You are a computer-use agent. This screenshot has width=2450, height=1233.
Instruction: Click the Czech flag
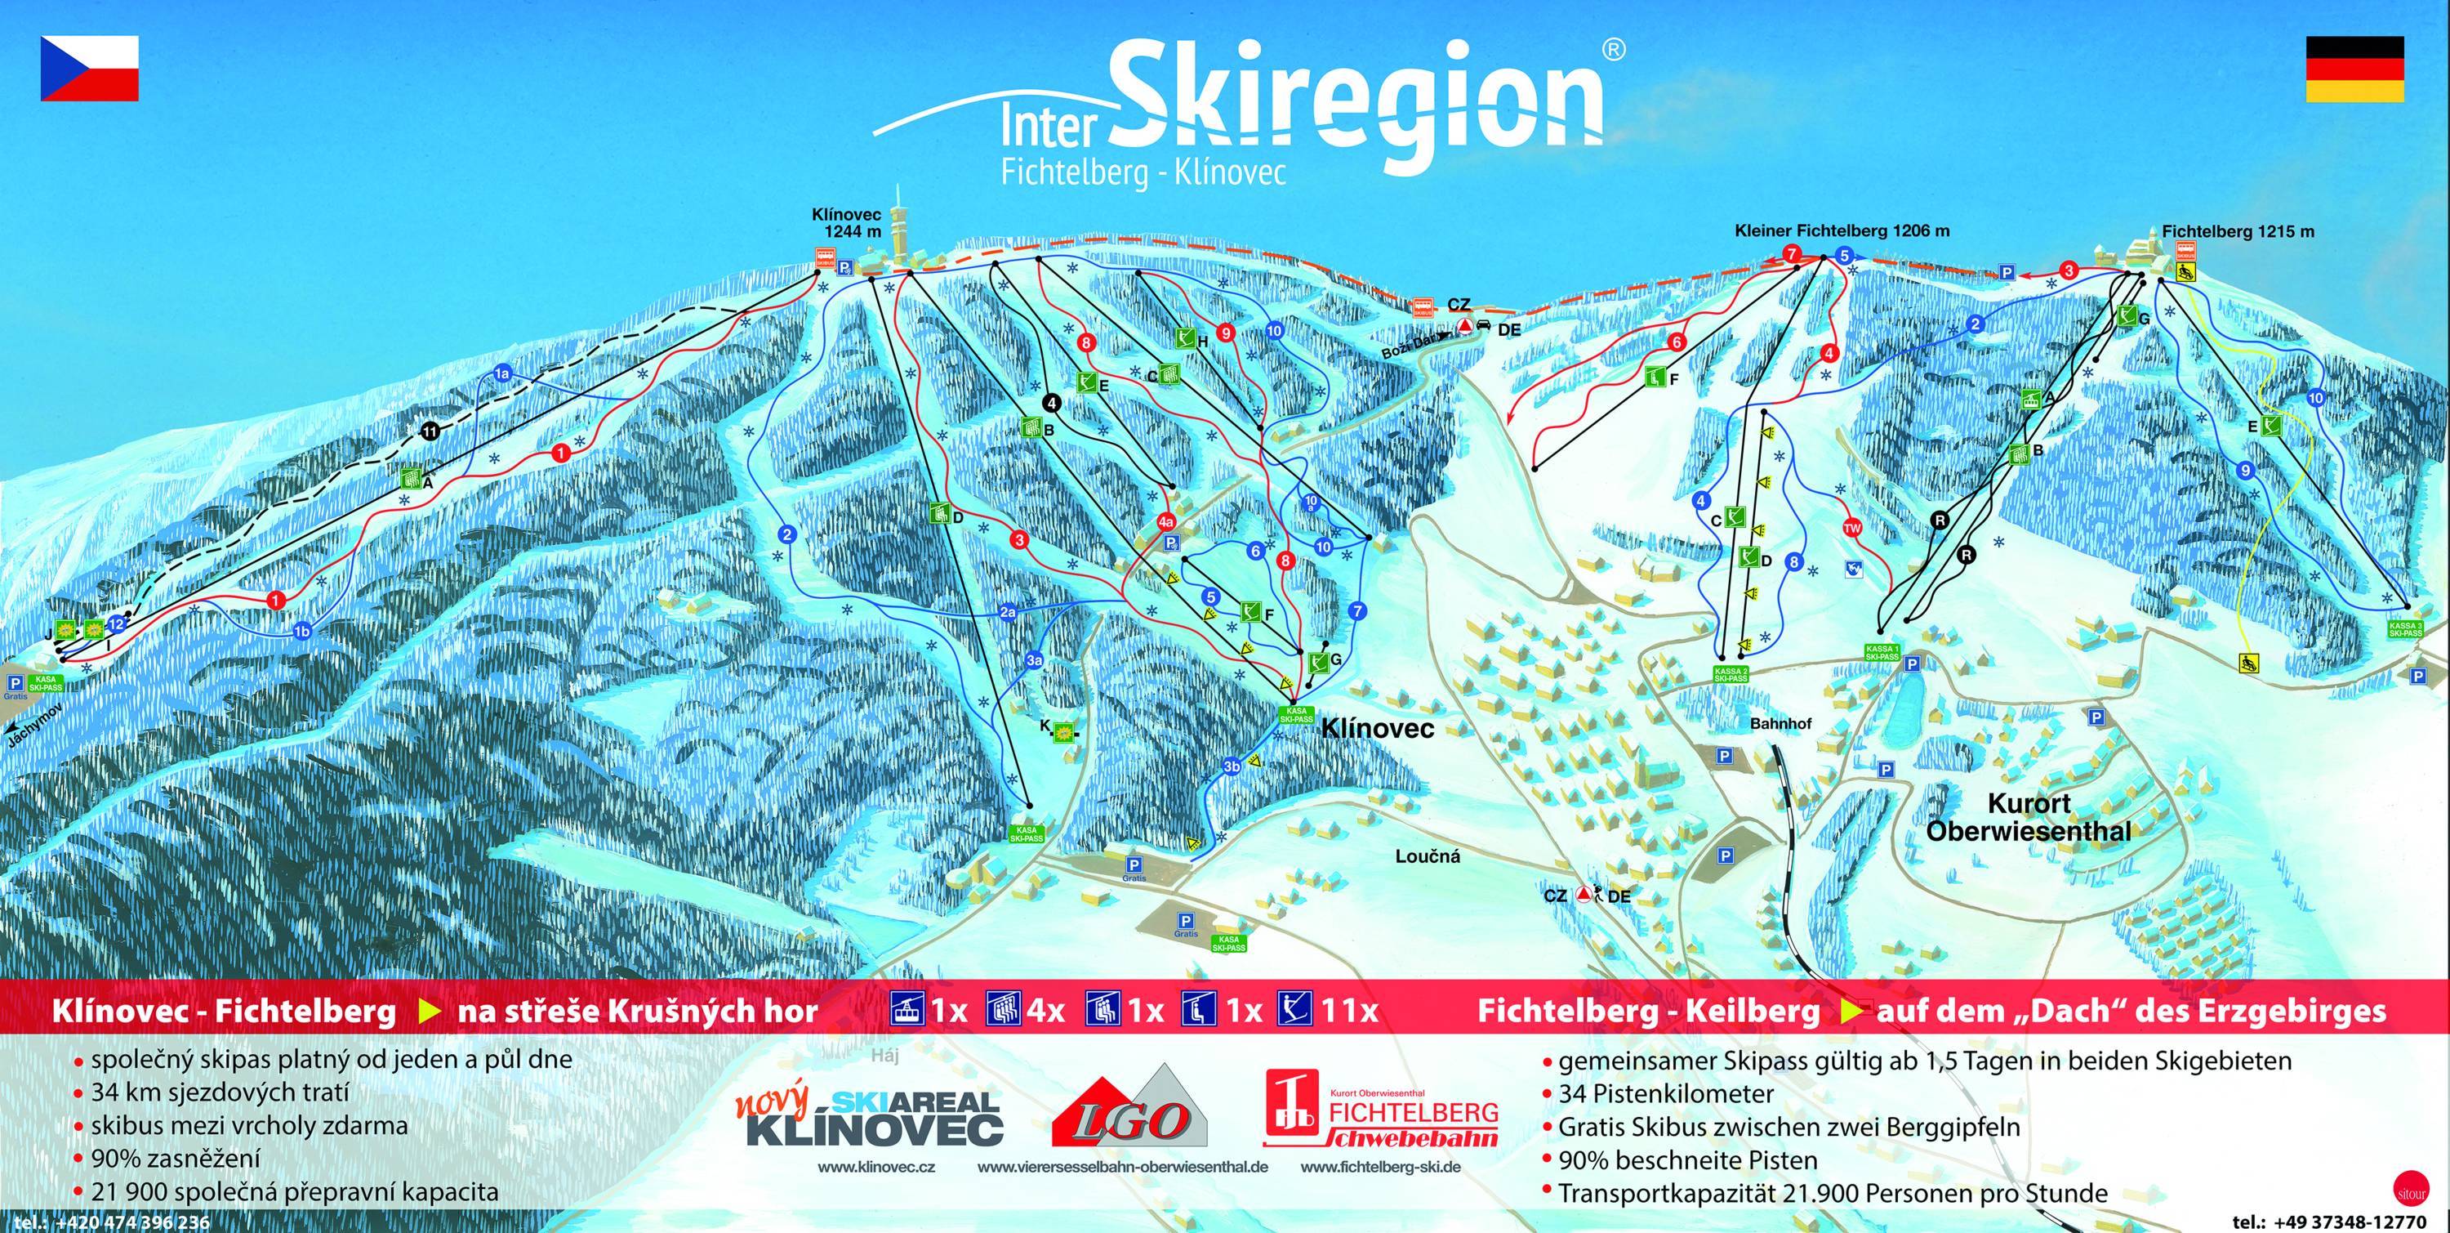pyautogui.click(x=88, y=68)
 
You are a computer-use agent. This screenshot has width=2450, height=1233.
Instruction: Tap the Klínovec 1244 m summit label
pyautogui.click(x=845, y=222)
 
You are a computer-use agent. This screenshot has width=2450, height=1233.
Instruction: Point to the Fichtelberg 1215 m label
pyautogui.click(x=2243, y=231)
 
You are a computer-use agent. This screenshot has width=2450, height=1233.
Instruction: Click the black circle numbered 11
pyautogui.click(x=431, y=432)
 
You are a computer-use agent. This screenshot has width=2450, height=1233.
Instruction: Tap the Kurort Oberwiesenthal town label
pyautogui.click(x=2028, y=816)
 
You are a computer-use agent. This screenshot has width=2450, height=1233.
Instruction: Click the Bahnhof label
pyautogui.click(x=1780, y=724)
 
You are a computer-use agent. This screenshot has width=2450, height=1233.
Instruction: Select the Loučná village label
pyautogui.click(x=1428, y=856)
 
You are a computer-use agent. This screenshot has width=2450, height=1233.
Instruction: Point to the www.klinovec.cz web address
pyautogui.click(x=875, y=1193)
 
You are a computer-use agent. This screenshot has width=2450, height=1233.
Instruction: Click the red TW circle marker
pyautogui.click(x=1851, y=528)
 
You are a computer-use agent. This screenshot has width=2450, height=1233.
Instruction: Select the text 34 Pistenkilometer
pyautogui.click(x=1665, y=1093)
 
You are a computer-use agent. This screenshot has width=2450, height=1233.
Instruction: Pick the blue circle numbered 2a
pyautogui.click(x=1008, y=614)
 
